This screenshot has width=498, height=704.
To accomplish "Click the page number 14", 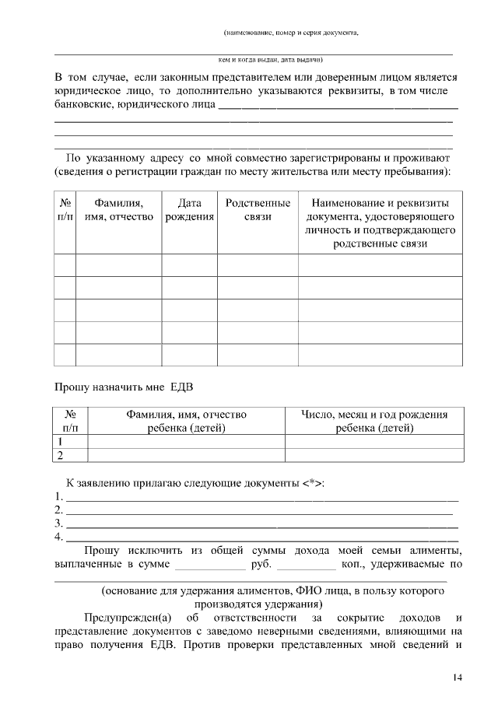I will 458,678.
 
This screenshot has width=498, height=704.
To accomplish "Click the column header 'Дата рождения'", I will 189,209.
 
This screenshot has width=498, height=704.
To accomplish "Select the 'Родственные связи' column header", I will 258,209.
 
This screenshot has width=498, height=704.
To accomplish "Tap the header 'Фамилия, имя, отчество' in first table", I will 118,209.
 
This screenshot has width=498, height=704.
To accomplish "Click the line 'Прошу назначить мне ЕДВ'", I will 123,385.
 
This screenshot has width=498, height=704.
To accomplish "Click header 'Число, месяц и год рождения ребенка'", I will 374,421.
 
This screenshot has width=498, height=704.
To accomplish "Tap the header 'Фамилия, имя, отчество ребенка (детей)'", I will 186,421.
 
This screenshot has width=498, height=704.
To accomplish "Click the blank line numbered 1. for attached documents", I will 261,497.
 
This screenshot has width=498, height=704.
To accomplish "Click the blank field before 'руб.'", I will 205,565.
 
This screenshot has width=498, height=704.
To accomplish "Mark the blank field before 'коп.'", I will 306,565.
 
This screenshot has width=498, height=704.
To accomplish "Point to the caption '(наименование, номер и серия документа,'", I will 290,33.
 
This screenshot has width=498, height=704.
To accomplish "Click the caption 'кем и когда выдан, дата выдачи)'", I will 271,59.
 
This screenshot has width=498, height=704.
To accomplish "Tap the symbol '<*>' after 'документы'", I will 311,483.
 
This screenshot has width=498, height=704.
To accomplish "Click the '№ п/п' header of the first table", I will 65,209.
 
